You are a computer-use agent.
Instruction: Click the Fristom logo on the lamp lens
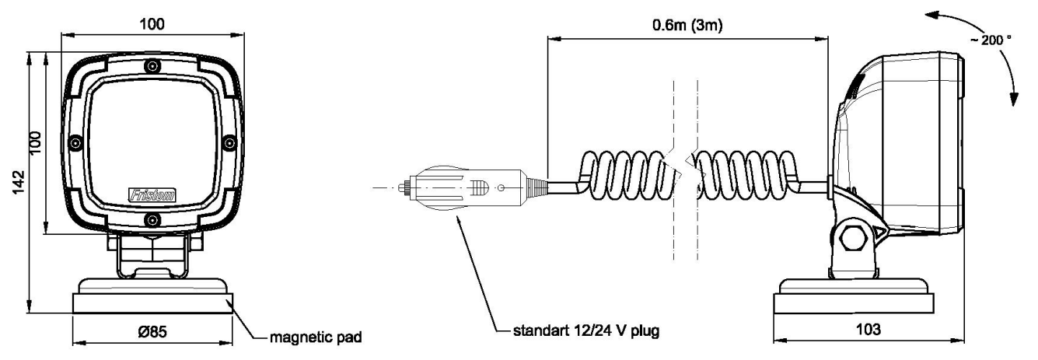pos(152,195)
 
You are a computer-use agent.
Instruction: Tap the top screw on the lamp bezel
pos(152,67)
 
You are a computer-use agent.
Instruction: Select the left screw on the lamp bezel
pos(75,143)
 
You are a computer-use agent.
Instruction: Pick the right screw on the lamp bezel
pos(229,143)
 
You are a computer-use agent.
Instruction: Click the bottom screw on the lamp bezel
pos(152,219)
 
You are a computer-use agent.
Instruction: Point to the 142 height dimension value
pos(18,182)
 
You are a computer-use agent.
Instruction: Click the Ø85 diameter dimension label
pos(152,332)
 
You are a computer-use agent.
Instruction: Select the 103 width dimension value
pos(868,330)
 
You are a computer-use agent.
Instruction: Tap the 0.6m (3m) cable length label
pos(687,25)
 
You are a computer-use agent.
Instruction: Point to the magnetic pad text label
pos(316,337)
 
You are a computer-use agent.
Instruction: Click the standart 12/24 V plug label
pos(585,330)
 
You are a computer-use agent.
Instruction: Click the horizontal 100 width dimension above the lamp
pos(152,24)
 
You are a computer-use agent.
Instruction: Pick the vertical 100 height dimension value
pos(35,143)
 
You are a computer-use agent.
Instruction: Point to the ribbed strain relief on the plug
pos(536,188)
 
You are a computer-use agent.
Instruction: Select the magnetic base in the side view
pos(854,296)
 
